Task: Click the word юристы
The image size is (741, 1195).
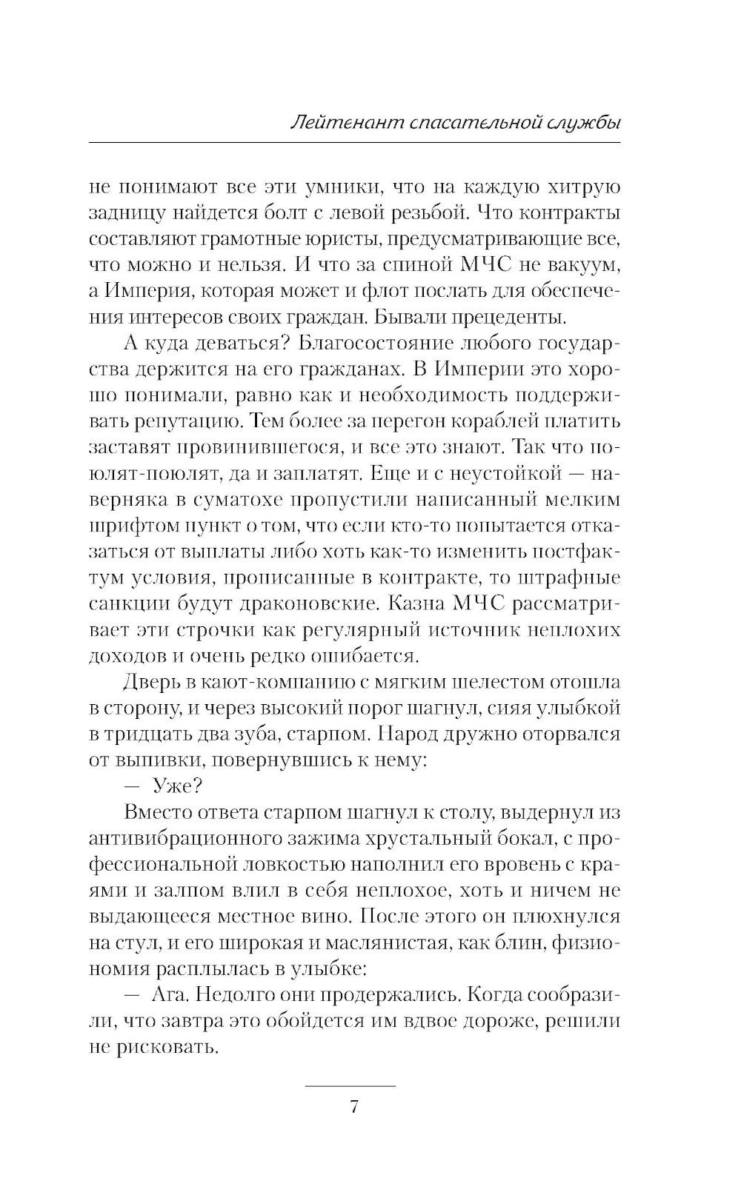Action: [347, 239]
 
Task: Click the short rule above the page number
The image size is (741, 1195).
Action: [350, 1085]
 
